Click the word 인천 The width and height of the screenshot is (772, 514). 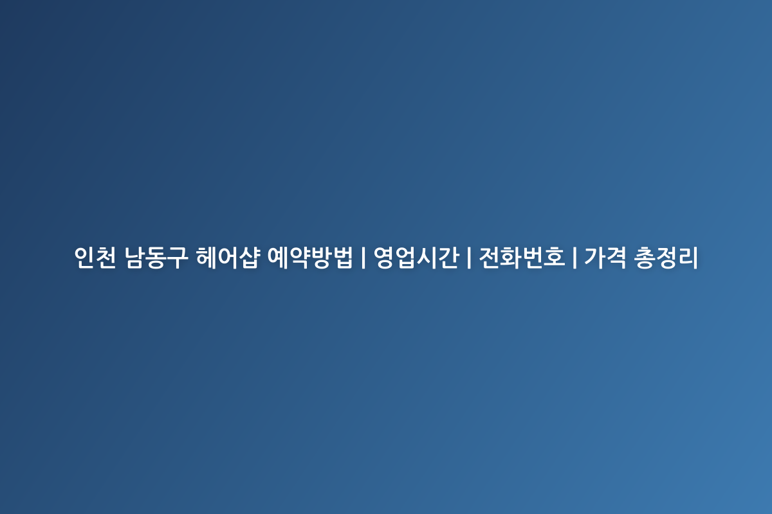95,258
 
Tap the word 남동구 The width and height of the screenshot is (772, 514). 156,258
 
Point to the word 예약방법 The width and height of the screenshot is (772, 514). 310,258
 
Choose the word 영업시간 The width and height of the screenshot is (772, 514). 416,258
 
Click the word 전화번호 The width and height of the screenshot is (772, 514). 522,258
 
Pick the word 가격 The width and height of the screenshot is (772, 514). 605,258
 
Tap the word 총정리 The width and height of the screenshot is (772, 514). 666,258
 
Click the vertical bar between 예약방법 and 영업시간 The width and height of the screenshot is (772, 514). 363,258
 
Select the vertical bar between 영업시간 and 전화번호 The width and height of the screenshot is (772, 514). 469,258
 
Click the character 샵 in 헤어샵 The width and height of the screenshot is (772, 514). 248,258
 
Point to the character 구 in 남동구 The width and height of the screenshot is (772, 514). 178,258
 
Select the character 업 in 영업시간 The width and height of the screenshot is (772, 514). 407,258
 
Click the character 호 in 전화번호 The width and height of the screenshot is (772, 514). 555,258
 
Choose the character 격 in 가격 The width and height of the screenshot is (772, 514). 616,258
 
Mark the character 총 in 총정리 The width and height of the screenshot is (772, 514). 645,258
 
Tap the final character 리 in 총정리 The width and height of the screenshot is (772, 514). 688,258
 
